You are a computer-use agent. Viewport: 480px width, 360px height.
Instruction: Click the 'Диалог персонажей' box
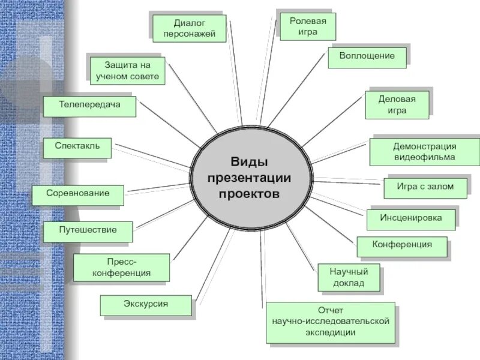click(190, 29)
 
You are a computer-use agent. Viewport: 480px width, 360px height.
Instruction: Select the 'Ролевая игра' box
click(308, 26)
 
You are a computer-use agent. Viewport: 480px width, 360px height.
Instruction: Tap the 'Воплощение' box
click(367, 56)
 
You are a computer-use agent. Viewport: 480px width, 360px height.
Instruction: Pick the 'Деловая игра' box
click(397, 104)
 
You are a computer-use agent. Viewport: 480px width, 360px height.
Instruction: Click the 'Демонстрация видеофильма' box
click(425, 152)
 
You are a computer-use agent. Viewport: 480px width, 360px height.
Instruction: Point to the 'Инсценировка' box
click(410, 218)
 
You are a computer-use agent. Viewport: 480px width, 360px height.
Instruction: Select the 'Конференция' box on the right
click(402, 245)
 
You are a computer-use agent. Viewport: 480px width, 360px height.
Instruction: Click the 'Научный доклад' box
click(349, 278)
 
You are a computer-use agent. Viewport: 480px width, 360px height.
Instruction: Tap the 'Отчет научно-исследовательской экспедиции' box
click(330, 322)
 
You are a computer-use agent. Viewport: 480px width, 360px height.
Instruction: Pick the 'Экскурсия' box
click(146, 305)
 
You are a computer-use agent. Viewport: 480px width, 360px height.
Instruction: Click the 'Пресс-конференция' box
click(121, 268)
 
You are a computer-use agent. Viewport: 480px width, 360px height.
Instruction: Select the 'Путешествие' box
click(88, 230)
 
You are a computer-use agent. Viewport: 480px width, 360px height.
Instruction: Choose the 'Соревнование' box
click(79, 194)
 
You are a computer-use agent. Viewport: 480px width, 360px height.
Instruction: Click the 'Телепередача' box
click(89, 105)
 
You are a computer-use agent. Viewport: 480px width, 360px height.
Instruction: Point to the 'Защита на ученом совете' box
click(127, 70)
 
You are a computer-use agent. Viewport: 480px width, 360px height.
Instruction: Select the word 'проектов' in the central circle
click(249, 194)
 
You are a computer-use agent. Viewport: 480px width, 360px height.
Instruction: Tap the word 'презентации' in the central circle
click(249, 178)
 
